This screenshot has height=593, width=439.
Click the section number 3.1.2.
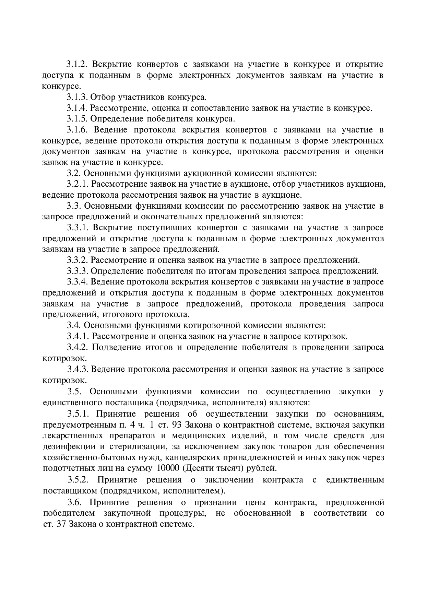click(x=77, y=64)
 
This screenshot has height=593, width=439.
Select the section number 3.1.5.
click(x=77, y=119)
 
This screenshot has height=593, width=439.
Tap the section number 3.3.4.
click(x=77, y=282)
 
